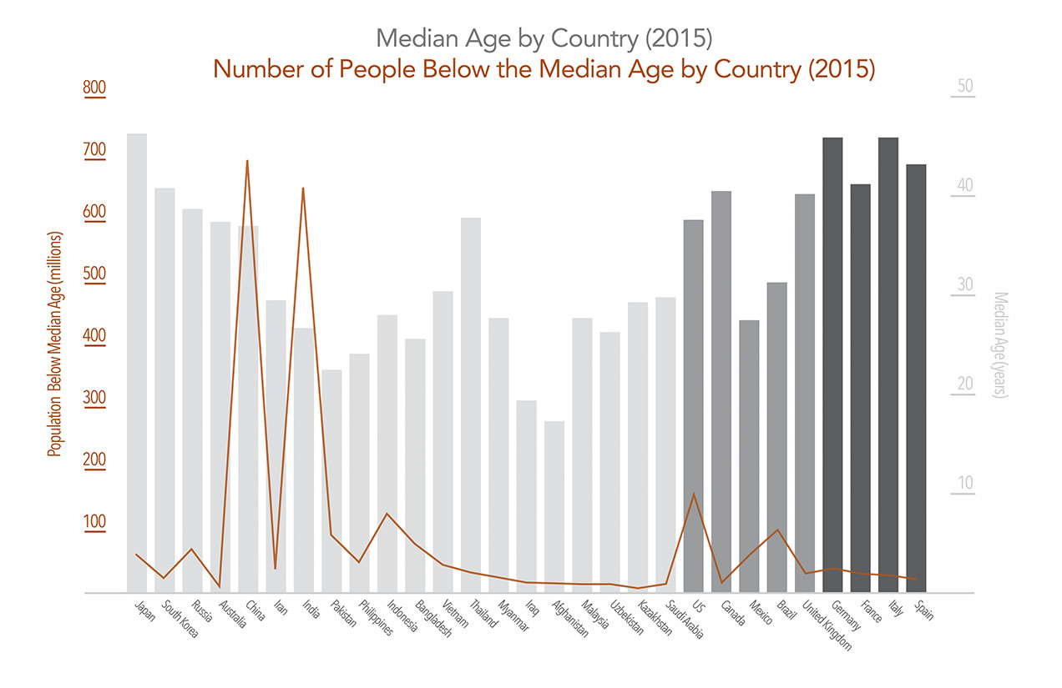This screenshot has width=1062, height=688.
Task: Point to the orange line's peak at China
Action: pyautogui.click(x=248, y=160)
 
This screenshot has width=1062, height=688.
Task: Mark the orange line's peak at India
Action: pyautogui.click(x=303, y=188)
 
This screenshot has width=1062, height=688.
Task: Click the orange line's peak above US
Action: pyautogui.click(x=694, y=493)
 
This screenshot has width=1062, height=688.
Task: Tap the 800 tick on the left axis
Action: pyautogui.click(x=94, y=88)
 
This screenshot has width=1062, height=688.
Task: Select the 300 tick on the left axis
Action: pyautogui.click(x=94, y=398)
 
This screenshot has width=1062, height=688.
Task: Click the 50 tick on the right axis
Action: pyautogui.click(x=965, y=87)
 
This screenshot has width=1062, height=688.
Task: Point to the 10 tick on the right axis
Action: pyautogui.click(x=965, y=484)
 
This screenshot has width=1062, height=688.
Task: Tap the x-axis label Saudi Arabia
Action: pyautogui.click(x=683, y=621)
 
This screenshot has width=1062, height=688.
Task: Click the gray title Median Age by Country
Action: pyautogui.click(x=543, y=38)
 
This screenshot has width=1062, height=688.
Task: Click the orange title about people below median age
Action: pyautogui.click(x=544, y=69)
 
